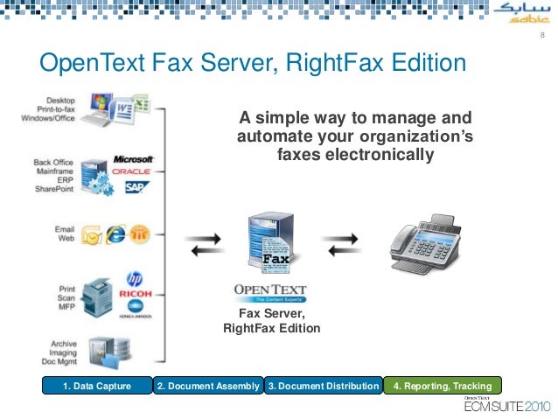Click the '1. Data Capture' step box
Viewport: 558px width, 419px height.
click(x=97, y=386)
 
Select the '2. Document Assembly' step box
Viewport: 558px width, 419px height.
click(x=208, y=386)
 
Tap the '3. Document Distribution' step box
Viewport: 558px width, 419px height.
click(x=324, y=386)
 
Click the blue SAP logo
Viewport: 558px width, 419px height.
click(x=136, y=186)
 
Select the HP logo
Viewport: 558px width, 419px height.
click(x=134, y=278)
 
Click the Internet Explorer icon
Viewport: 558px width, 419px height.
click(x=115, y=234)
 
